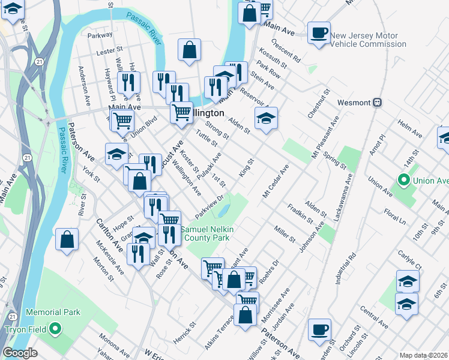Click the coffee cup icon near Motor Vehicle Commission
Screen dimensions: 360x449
coord(319,32)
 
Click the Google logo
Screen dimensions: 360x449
coord(20,353)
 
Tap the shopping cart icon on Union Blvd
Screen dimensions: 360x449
coord(122,119)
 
